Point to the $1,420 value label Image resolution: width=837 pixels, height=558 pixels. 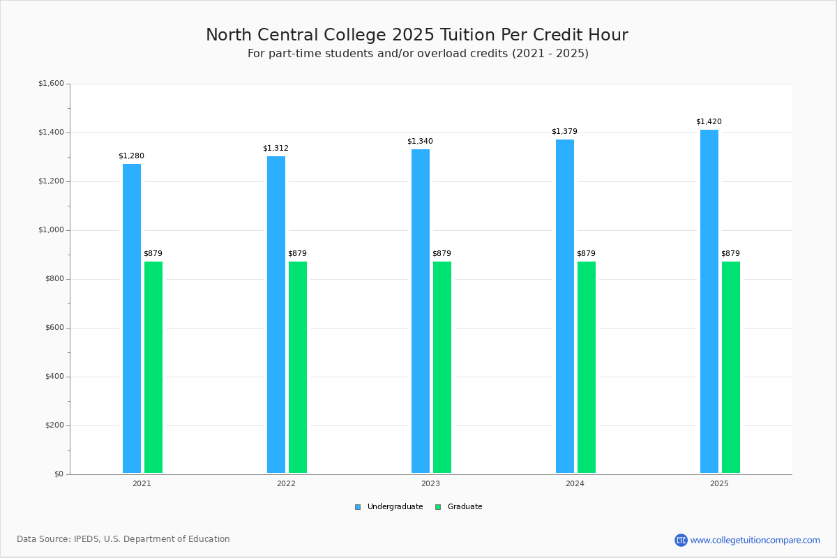(x=709, y=122)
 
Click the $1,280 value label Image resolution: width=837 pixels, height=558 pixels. (x=131, y=156)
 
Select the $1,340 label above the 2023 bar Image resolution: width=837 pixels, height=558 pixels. (x=420, y=142)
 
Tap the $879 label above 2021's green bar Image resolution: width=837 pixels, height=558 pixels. (x=153, y=254)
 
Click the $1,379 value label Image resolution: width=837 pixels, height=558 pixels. (x=564, y=132)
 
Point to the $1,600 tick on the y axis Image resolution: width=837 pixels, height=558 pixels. (x=51, y=84)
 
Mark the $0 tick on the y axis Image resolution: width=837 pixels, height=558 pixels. (x=59, y=474)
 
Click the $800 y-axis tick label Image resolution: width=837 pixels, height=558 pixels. (x=54, y=279)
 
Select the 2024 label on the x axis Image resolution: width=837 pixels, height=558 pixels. (x=575, y=483)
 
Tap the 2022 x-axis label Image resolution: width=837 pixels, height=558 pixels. (x=286, y=483)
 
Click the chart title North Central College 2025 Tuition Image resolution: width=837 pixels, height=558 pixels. (x=417, y=35)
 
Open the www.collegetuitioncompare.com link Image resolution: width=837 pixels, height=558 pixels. (x=755, y=540)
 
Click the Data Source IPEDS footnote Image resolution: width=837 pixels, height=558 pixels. (x=123, y=539)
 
